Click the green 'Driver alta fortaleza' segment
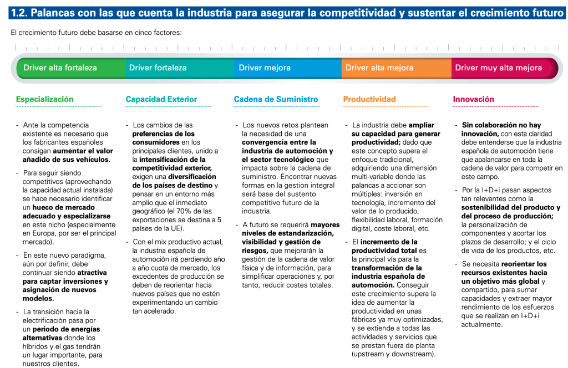click(x=60, y=68)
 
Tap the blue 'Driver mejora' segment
click(x=265, y=68)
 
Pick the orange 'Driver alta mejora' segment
click(x=379, y=68)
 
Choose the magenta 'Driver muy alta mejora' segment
click(x=498, y=68)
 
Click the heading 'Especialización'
click(x=44, y=99)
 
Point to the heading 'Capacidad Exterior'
click(x=161, y=99)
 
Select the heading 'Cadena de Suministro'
click(x=276, y=99)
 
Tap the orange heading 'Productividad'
click(x=369, y=99)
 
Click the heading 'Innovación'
click(x=473, y=99)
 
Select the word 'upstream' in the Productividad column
click(x=369, y=354)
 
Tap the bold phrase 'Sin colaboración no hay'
click(x=501, y=125)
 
